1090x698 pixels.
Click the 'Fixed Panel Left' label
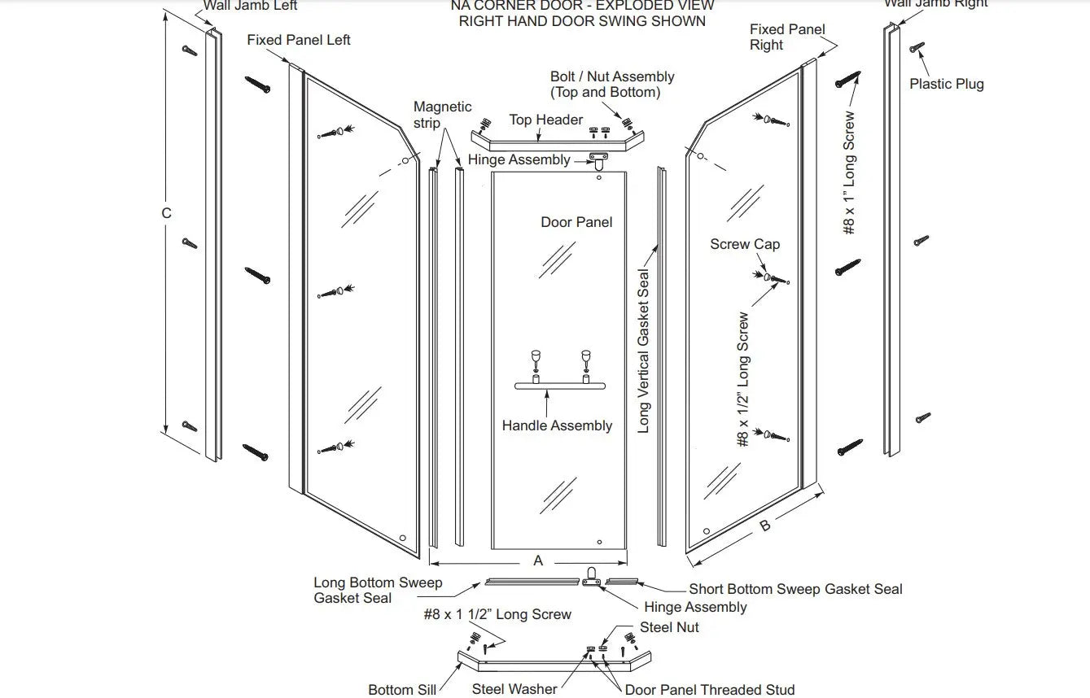point(299,40)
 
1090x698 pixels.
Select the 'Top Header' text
point(545,120)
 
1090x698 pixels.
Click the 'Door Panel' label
point(576,222)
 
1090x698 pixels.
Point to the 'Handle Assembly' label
point(557,425)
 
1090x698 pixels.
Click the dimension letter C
point(166,213)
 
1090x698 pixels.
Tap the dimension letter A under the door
point(538,561)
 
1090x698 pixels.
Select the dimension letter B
point(764,526)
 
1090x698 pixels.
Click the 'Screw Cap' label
point(745,244)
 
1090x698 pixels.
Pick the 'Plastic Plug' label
point(946,84)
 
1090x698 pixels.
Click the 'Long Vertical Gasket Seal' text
point(644,351)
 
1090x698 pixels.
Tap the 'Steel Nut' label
point(669,627)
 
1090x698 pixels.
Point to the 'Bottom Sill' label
point(402,690)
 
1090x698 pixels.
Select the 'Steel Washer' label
point(514,690)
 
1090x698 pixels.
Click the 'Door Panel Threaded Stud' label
point(709,690)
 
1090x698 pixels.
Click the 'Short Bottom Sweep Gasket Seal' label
point(795,589)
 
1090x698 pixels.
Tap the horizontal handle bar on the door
point(561,385)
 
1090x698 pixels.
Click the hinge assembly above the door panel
point(601,159)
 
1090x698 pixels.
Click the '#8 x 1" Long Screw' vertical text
point(849,172)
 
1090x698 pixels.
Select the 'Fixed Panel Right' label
point(787,37)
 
